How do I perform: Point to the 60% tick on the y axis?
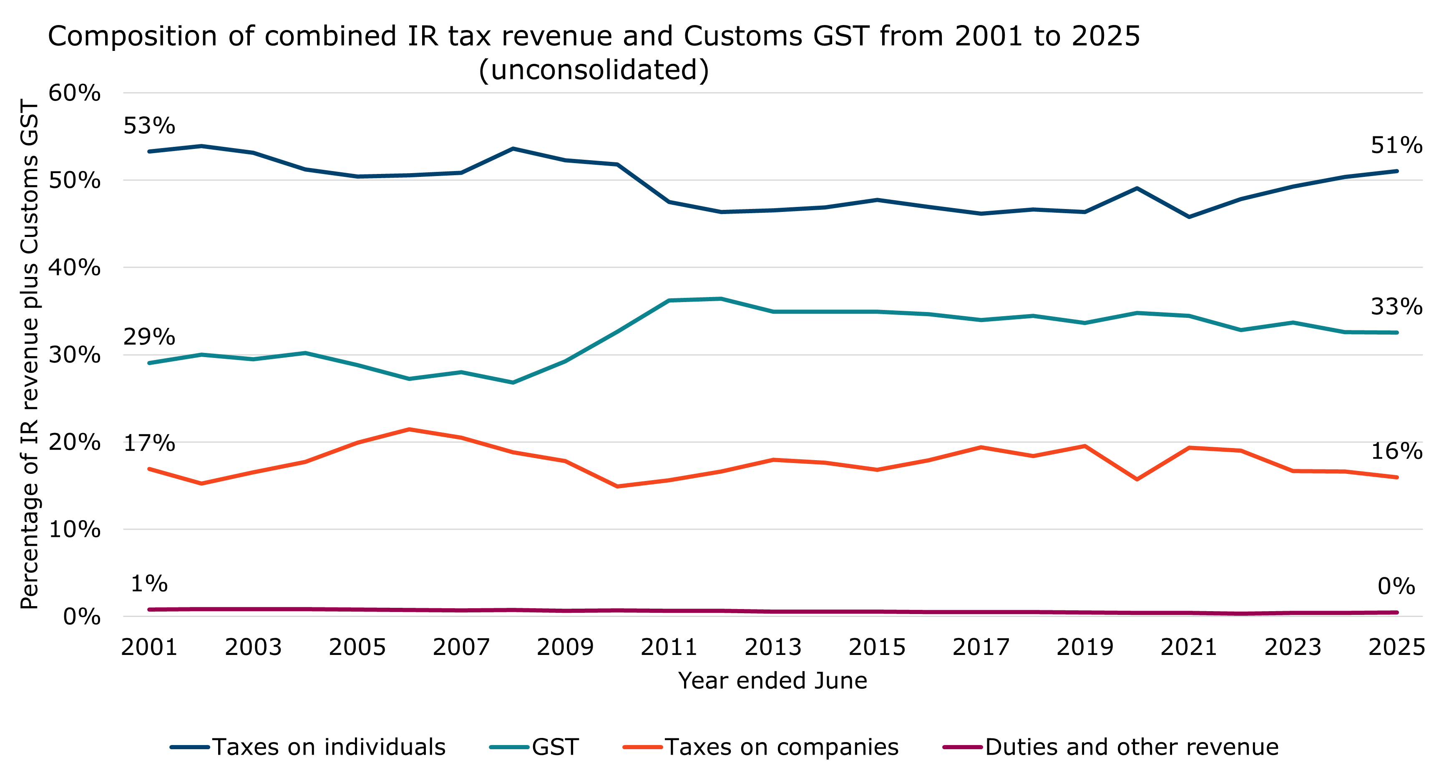(75, 93)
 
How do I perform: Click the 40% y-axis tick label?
(75, 267)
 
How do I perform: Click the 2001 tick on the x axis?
(149, 647)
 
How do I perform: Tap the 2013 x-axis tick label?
(773, 647)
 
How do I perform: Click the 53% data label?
(149, 126)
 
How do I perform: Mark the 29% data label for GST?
(149, 337)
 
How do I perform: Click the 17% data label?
(149, 443)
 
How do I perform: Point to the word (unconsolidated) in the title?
(594, 70)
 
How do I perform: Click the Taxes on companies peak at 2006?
(409, 429)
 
